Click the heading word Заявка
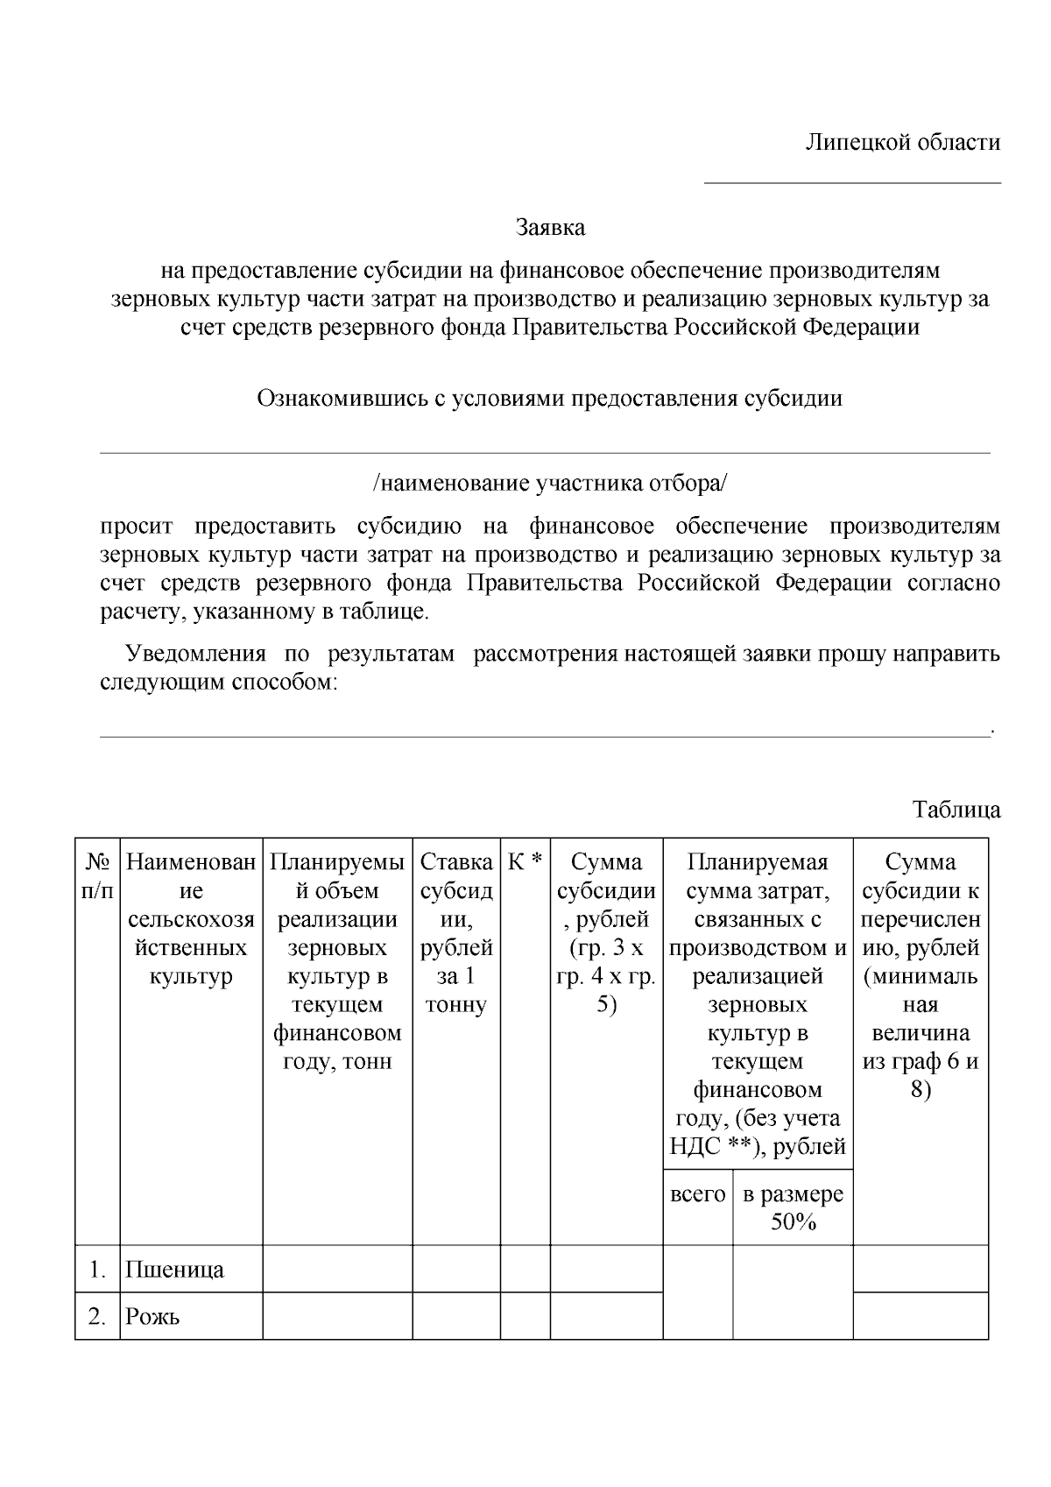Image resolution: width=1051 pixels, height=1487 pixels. [550, 229]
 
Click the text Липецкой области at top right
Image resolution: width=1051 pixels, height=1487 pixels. [903, 143]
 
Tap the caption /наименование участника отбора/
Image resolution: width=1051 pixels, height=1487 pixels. [550, 484]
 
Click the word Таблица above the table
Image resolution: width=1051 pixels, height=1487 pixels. [956, 809]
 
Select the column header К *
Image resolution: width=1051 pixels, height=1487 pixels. [525, 862]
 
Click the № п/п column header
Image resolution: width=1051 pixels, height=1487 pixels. [97, 876]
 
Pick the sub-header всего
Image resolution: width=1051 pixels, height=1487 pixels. [698, 1194]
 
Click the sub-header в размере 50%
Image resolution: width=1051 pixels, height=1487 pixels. [793, 1207]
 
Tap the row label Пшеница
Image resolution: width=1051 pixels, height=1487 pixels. [175, 1270]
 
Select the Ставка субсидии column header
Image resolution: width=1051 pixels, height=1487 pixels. [456, 933]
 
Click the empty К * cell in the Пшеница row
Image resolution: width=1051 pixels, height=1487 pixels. [525, 1269]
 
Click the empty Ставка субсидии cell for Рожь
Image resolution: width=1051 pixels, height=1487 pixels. [456, 1316]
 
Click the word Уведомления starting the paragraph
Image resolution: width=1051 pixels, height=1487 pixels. [196, 655]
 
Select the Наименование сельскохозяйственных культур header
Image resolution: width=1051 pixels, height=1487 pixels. [191, 919]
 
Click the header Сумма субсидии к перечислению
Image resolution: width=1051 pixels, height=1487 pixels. [921, 976]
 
